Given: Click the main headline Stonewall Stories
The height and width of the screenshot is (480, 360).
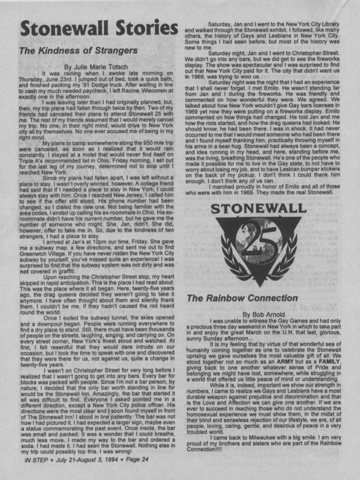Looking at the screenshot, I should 99,28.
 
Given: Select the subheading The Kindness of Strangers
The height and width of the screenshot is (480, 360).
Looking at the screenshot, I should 78,50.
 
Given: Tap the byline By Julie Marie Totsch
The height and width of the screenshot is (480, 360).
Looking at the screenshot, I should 96,67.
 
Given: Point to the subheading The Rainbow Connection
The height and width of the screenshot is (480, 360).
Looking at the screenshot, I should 242,298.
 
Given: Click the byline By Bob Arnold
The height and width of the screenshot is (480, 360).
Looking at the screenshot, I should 264,314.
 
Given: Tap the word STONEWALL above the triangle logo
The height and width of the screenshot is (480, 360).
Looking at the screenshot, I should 259,209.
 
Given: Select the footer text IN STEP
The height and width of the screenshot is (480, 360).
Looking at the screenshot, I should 36,460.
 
